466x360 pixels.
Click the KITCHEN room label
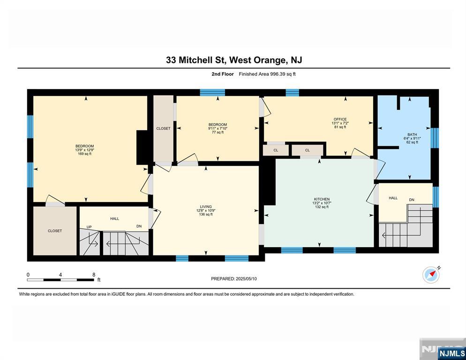tap(322, 199)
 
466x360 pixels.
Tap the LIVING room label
tap(206, 207)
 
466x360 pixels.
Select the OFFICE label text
tap(340, 119)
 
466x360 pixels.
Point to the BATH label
tap(412, 135)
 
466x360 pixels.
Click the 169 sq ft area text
tap(85, 154)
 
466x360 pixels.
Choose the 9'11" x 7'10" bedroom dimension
tap(218, 128)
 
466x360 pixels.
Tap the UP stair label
tap(89, 227)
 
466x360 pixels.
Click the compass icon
tap(431, 275)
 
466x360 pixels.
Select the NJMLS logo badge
tap(451, 353)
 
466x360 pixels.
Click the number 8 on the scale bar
tap(94, 275)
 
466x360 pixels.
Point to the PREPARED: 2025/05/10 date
tap(234, 279)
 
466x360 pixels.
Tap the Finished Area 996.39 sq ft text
tap(267, 74)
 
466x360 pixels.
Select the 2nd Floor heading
tap(223, 74)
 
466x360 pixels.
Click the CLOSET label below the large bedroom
tap(55, 231)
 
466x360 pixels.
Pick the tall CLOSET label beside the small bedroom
tap(164, 128)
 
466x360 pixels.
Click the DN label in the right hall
tap(412, 200)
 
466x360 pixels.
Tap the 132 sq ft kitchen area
tap(322, 207)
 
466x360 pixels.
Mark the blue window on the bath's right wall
tap(435, 138)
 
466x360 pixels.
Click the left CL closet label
tap(276, 150)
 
